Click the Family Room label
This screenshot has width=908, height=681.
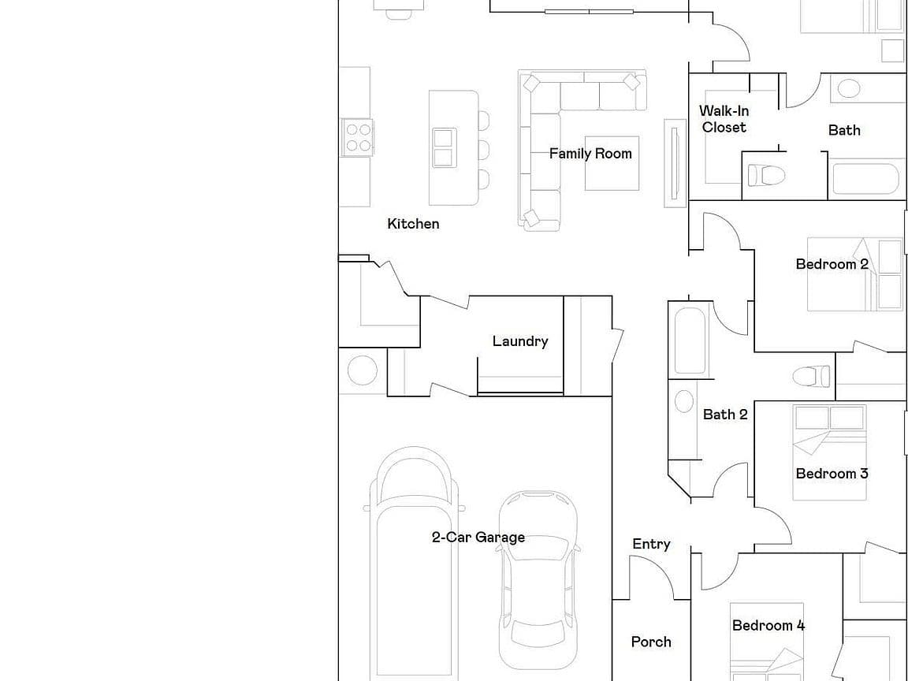tap(590, 154)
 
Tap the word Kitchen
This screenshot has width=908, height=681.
tap(413, 224)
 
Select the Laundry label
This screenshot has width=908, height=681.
tap(520, 341)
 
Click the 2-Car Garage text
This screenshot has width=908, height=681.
tap(478, 538)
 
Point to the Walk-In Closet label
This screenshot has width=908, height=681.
tap(724, 119)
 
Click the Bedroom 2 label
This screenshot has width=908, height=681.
tap(832, 264)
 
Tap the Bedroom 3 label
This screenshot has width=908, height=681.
tap(832, 474)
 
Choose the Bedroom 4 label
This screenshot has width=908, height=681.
tap(768, 625)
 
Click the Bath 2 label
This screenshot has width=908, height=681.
tap(725, 415)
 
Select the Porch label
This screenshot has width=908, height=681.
tap(651, 642)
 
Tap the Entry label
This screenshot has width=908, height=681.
tap(651, 544)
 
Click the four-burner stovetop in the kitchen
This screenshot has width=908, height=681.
tap(357, 137)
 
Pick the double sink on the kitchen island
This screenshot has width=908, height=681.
tap(443, 147)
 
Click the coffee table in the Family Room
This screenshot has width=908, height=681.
tap(612, 163)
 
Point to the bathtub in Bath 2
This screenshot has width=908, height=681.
tap(690, 340)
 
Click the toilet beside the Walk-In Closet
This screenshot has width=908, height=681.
tap(765, 175)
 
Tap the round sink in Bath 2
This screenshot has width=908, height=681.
tap(684, 400)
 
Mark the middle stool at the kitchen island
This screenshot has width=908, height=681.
tap(483, 150)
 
